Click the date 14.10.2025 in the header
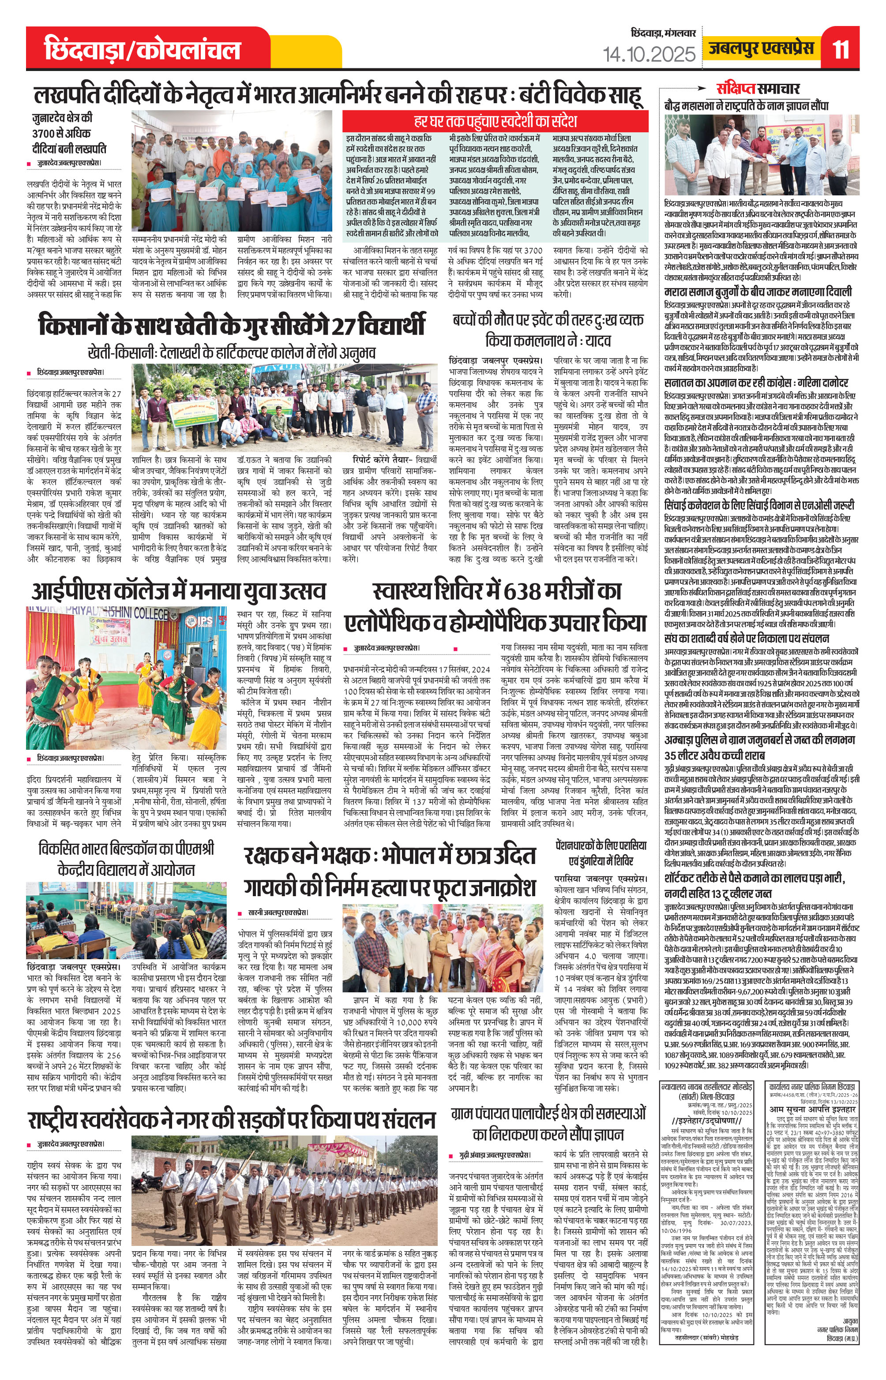(x=649, y=55)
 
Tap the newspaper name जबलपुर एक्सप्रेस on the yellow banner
(x=761, y=49)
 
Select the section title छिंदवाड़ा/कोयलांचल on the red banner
(x=142, y=50)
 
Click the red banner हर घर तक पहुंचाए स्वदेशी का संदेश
(x=496, y=122)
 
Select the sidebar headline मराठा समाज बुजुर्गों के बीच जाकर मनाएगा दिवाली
(x=757, y=293)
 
